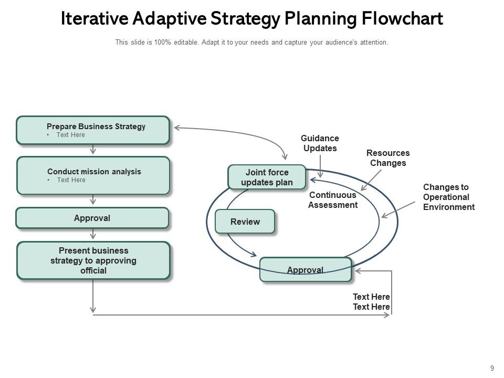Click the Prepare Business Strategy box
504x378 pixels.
[93, 130]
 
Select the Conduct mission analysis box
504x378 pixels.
[93, 175]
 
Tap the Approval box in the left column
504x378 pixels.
[92, 218]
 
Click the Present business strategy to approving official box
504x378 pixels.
[93, 260]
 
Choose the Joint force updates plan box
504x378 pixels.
[267, 177]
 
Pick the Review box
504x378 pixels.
[245, 222]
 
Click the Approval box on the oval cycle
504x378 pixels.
[305, 270]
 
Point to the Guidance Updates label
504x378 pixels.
[320, 143]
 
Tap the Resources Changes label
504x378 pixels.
[388, 158]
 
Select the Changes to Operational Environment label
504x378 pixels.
[448, 197]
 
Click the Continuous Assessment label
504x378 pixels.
[332, 200]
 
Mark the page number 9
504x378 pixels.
[491, 367]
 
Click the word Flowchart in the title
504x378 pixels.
[403, 19]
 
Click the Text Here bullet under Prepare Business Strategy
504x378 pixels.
[71, 135]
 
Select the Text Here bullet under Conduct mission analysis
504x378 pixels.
[71, 180]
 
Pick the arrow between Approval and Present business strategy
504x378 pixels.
[93, 234]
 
